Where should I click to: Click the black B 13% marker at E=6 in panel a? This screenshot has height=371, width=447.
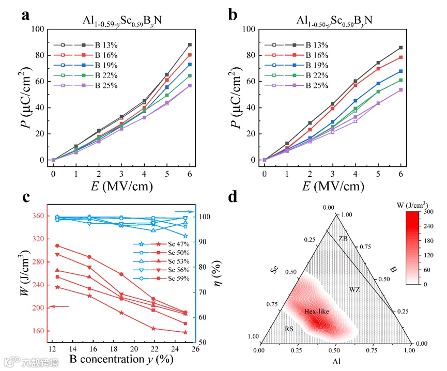190,45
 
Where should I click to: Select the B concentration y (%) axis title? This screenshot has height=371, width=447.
120,359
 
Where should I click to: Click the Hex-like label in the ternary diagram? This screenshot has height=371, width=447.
316,312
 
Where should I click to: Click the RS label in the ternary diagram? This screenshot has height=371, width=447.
290,328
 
